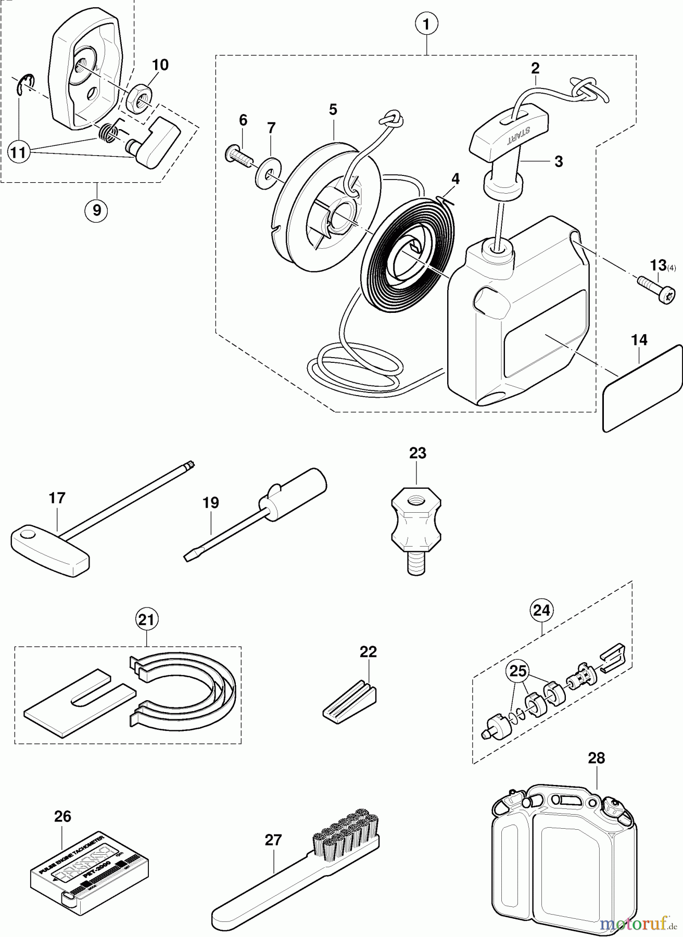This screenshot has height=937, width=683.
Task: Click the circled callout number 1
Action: click(x=426, y=23)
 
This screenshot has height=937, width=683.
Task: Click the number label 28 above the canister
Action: click(x=597, y=757)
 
